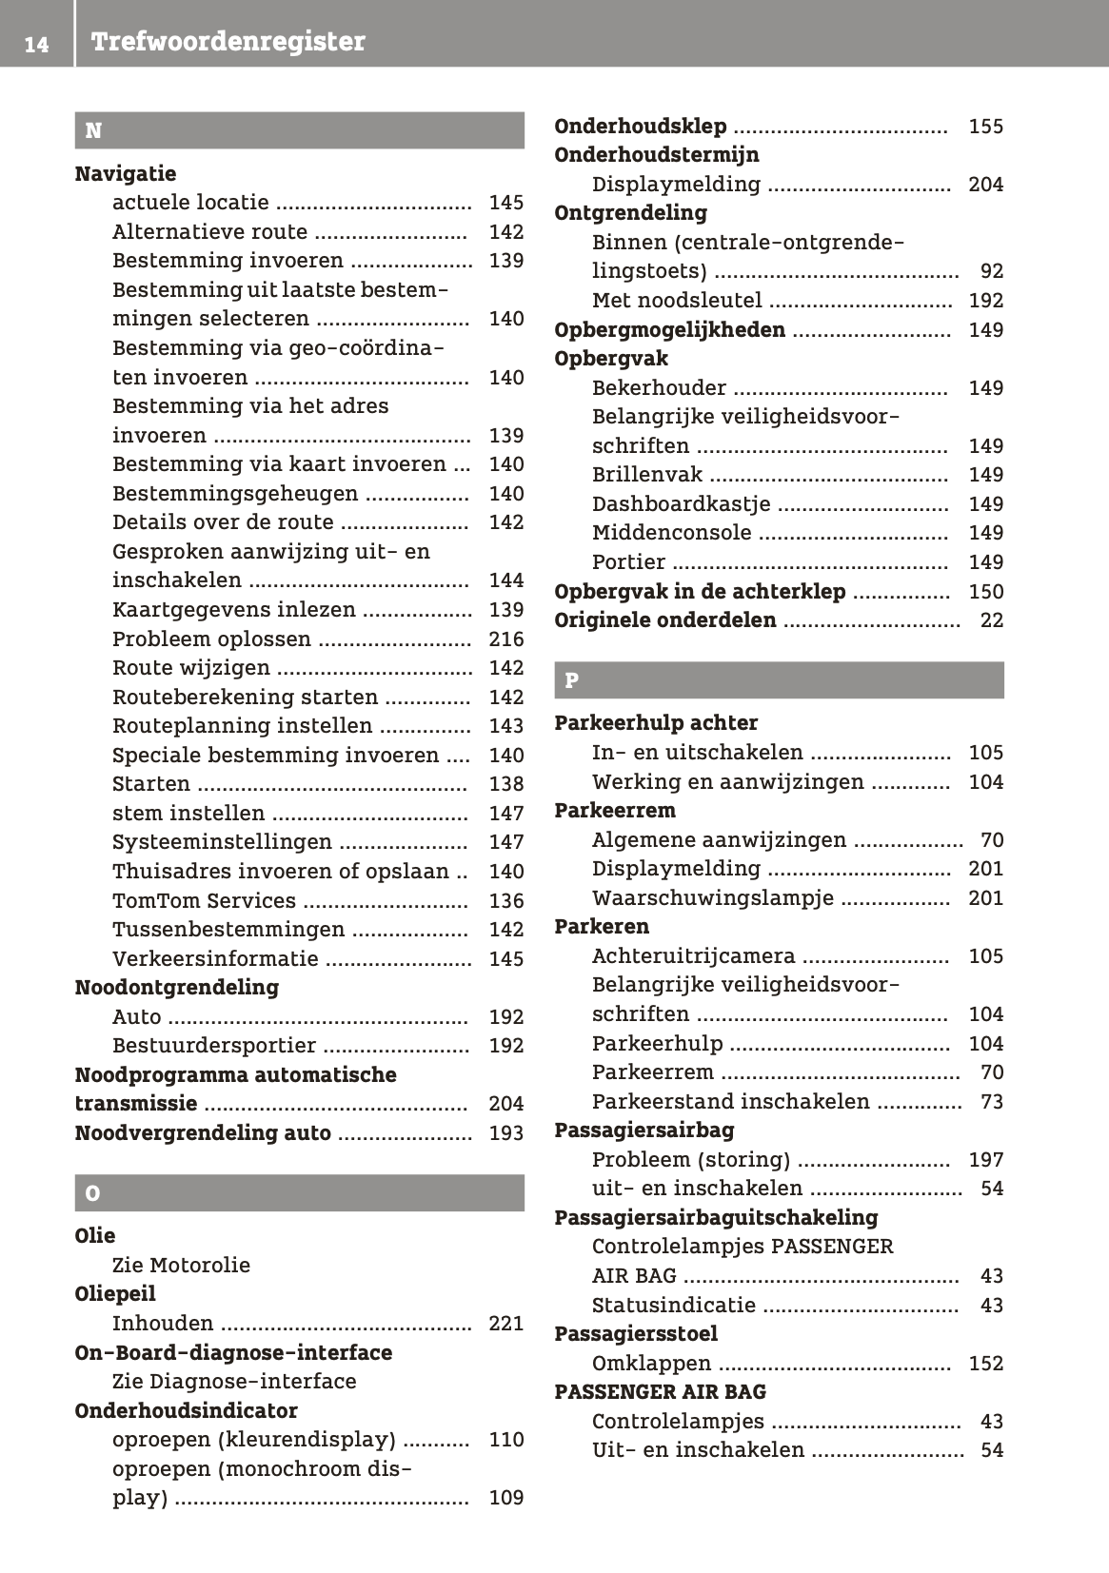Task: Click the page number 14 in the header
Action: pos(36,44)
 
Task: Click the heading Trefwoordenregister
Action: pos(228,42)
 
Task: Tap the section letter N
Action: pos(93,130)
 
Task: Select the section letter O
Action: pos(92,1193)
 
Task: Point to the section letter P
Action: pos(571,680)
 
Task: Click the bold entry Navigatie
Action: pos(126,173)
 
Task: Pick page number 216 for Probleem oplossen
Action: pos(506,639)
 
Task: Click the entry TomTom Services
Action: pos(204,900)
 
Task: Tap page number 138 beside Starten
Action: pos(506,784)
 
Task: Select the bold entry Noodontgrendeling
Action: pos(177,987)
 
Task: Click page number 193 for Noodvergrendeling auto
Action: pos(506,1133)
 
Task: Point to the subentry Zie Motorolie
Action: pos(181,1265)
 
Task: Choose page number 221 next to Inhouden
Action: pos(506,1323)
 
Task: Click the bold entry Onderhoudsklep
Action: pos(641,126)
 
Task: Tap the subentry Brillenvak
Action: pos(647,474)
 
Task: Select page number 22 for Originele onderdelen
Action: pos(992,620)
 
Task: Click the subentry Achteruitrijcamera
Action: pos(693,955)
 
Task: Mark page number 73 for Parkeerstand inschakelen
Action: pos(992,1102)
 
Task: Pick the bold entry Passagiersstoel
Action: pos(636,1333)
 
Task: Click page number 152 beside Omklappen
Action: pos(986,1363)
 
